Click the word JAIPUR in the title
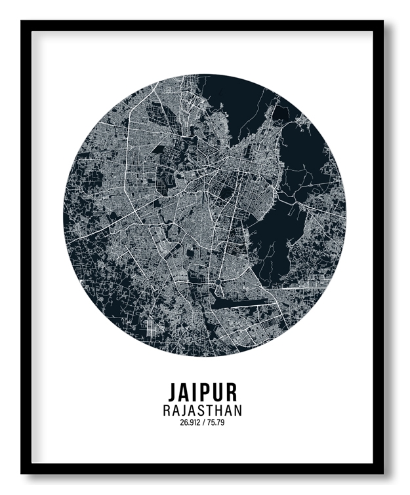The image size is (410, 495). click(x=202, y=392)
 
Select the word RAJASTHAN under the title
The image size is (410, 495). click(x=202, y=411)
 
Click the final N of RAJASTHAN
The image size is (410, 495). click(x=237, y=411)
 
